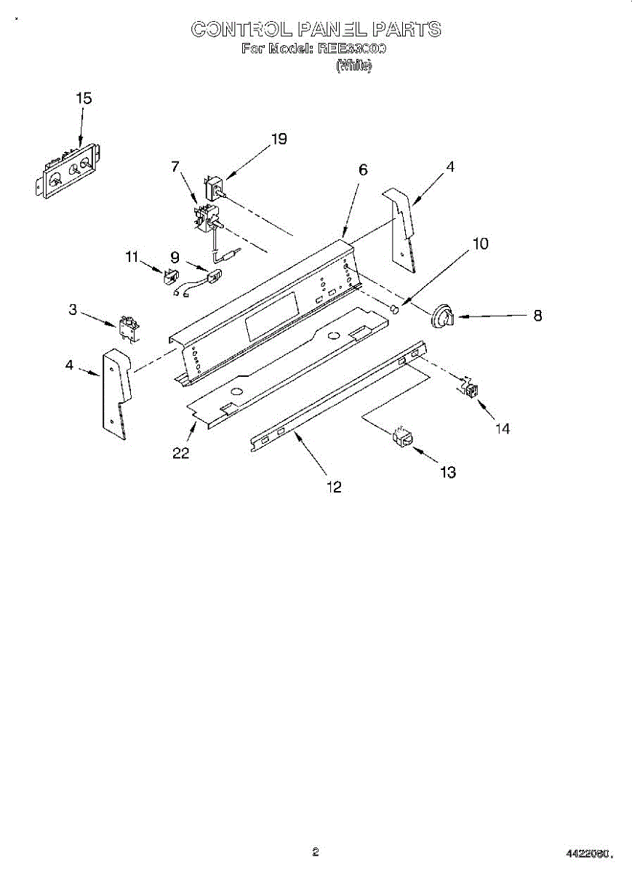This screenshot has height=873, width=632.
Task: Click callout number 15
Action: click(x=84, y=98)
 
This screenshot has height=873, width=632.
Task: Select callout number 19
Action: click(x=279, y=139)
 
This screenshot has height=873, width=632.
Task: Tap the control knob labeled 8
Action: click(x=442, y=316)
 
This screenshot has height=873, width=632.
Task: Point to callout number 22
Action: click(x=181, y=453)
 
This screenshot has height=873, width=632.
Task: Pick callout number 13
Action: click(x=448, y=472)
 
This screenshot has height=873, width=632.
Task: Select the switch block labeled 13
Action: click(x=402, y=437)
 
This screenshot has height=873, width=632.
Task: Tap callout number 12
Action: click(x=334, y=487)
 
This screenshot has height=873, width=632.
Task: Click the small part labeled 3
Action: click(x=128, y=329)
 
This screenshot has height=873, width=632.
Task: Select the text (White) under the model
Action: click(x=353, y=66)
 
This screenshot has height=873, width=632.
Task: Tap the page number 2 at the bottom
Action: click(x=316, y=852)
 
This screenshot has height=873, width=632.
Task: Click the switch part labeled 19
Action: click(x=215, y=188)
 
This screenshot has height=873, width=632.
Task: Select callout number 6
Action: click(x=363, y=170)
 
